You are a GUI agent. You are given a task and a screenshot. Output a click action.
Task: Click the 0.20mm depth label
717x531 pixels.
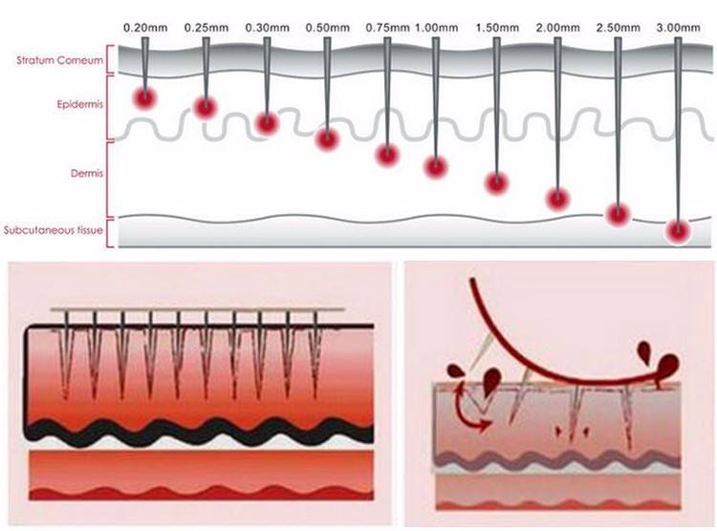pyautogui.click(x=145, y=28)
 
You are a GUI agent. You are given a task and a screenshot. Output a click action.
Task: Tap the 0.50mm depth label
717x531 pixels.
pyautogui.click(x=327, y=28)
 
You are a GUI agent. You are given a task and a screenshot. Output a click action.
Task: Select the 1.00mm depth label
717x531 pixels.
pyautogui.click(x=436, y=28)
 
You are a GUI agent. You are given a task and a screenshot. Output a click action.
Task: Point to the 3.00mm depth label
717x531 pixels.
pyautogui.click(x=678, y=28)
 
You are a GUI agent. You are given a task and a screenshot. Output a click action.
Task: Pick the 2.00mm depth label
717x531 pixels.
pyautogui.click(x=558, y=28)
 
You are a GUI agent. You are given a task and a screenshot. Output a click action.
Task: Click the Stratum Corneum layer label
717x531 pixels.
pyautogui.click(x=60, y=60)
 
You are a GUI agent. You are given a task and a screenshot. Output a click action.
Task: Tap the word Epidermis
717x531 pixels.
pyautogui.click(x=80, y=105)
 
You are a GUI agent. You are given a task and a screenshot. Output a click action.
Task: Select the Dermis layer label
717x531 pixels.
pyautogui.click(x=87, y=174)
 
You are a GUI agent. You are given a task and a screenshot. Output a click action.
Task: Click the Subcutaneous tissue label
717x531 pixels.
pyautogui.click(x=54, y=230)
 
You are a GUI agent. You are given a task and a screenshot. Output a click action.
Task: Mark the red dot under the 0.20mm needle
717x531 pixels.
pyautogui.click(x=145, y=97)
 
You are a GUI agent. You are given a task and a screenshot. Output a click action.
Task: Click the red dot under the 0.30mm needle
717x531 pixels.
pyautogui.click(x=266, y=123)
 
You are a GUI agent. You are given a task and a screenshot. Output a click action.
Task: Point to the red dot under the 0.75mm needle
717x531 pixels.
pyautogui.click(x=388, y=155)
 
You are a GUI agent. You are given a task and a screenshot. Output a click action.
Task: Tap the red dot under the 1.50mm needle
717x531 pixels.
pyautogui.click(x=496, y=182)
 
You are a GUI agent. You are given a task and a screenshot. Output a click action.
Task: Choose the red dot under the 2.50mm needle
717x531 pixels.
pyautogui.click(x=619, y=214)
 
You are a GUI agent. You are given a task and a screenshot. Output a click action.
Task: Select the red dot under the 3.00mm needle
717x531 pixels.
pyautogui.click(x=678, y=232)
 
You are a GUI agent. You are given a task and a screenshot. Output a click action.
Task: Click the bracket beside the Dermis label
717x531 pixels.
pyautogui.click(x=108, y=180)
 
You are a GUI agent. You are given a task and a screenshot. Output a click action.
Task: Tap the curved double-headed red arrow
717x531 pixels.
pyautogui.click(x=468, y=410)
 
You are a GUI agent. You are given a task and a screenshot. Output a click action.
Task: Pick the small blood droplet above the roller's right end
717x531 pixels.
pyautogui.click(x=644, y=351)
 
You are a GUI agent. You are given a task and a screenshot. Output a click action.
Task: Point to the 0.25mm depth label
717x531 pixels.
pyautogui.click(x=206, y=28)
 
